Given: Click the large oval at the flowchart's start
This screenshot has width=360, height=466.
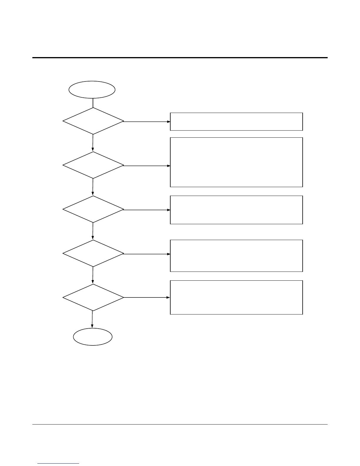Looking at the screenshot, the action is point(92,90).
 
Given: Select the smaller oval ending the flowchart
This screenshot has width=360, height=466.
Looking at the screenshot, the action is point(93,337).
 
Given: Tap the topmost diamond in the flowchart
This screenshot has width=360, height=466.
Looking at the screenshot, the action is point(93,121).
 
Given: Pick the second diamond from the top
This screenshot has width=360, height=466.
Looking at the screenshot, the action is point(93,165).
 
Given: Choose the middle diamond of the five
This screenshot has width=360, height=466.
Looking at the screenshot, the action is point(93,209).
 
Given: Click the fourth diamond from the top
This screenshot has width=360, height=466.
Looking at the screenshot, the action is point(93,253).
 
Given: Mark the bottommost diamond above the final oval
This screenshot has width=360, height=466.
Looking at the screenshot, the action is point(93,297).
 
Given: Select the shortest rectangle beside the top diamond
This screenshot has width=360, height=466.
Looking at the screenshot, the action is point(236,122).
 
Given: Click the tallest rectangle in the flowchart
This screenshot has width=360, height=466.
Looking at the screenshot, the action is point(236,162).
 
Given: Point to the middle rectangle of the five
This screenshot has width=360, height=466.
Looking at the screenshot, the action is point(236,210).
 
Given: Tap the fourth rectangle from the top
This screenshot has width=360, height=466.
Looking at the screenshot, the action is point(236,256).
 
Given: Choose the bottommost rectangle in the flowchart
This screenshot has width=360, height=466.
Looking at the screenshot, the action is point(236,297).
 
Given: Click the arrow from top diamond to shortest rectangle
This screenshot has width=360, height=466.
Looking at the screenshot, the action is point(146,122).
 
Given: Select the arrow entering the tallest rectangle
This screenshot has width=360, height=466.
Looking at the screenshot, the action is point(146,166).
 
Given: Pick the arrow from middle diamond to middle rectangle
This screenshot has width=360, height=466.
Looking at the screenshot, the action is point(146,210).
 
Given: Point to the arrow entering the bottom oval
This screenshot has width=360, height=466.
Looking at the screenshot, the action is point(92,319).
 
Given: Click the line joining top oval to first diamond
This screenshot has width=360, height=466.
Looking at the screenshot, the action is point(93,103).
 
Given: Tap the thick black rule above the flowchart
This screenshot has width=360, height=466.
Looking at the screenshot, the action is point(180,58).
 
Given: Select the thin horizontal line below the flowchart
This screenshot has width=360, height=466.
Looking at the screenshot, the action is point(180,424).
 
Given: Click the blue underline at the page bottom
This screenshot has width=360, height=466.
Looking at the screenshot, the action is point(59,463).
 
